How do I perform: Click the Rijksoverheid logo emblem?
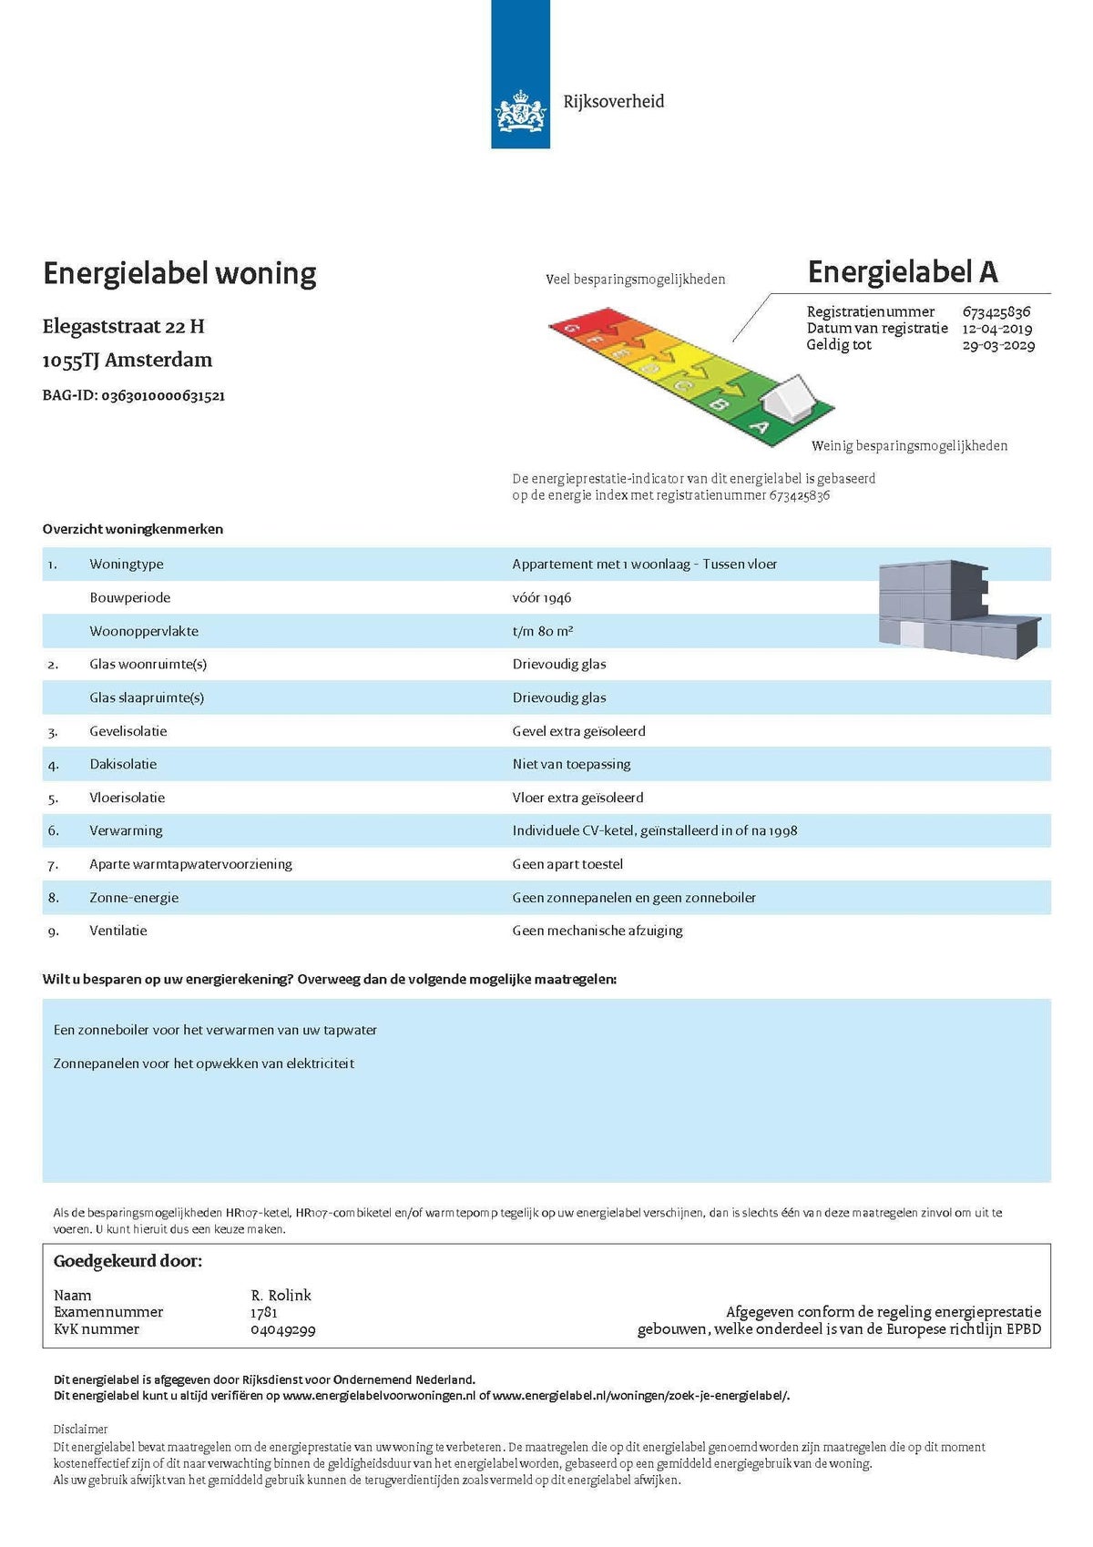(520, 114)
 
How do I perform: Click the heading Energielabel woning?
(179, 273)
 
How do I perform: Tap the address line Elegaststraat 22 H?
(123, 326)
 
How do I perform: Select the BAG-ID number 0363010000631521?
(163, 395)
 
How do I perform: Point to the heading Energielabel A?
(903, 271)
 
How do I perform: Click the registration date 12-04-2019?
(997, 328)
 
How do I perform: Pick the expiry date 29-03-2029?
(998, 345)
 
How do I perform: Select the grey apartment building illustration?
(957, 608)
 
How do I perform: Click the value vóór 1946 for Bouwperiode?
(542, 597)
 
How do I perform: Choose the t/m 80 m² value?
(543, 631)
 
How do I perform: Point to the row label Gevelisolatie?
(128, 731)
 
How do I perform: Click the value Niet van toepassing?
(571, 764)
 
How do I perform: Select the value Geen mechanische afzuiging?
(598, 931)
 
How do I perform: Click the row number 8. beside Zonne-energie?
(53, 898)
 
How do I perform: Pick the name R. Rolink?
(281, 1295)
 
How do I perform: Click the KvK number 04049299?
(283, 1329)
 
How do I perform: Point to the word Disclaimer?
(80, 1429)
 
